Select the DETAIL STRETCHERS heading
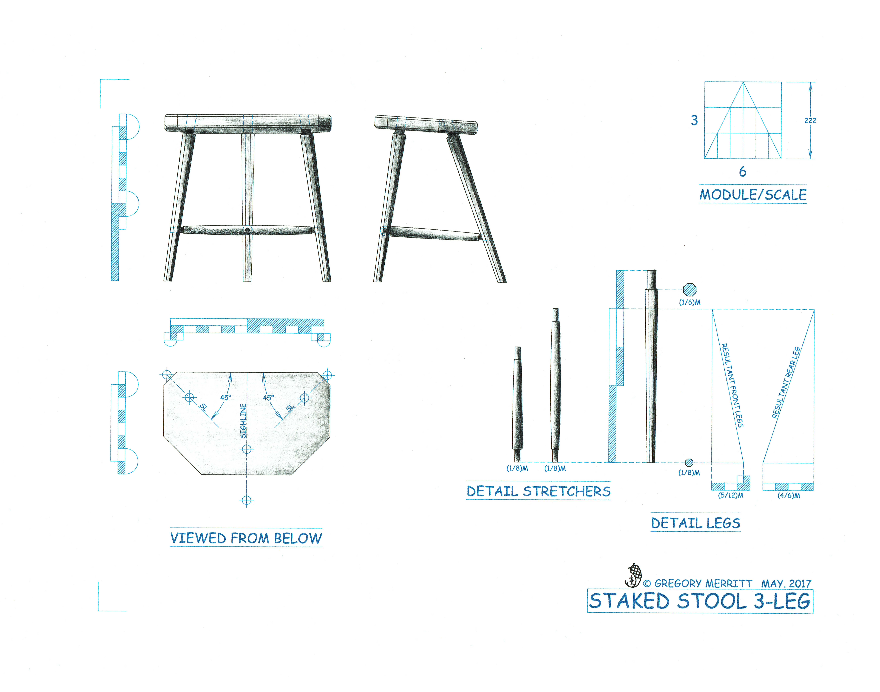tap(538, 491)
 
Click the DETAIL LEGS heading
tap(695, 523)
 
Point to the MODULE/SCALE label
tap(753, 194)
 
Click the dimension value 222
tap(810, 120)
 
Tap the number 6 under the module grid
tap(742, 171)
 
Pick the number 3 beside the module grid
tap(694, 120)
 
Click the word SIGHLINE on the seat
tap(243, 421)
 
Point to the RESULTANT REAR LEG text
tap(786, 382)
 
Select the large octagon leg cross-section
tap(689, 290)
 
